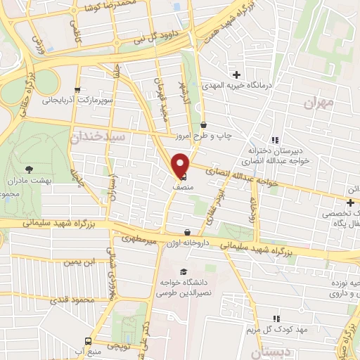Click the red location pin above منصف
(x=181, y=165)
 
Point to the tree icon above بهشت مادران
(x=29, y=169)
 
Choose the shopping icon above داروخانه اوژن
(x=187, y=231)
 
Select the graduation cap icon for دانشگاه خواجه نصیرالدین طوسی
(x=184, y=271)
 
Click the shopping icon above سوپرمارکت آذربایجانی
(x=77, y=89)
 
